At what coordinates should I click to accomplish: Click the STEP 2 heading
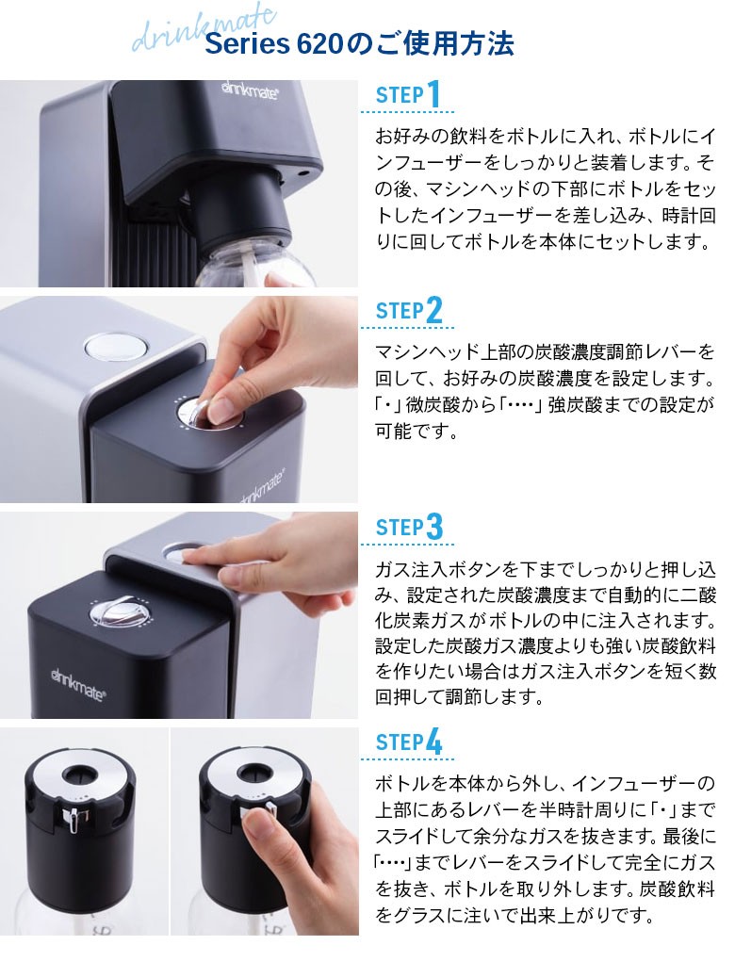pos(409,310)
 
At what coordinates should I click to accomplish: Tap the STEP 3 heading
pos(409,527)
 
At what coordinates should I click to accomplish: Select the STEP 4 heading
pos(409,742)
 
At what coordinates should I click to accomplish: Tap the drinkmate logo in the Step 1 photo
pos(250,91)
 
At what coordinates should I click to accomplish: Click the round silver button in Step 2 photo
pos(117,347)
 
